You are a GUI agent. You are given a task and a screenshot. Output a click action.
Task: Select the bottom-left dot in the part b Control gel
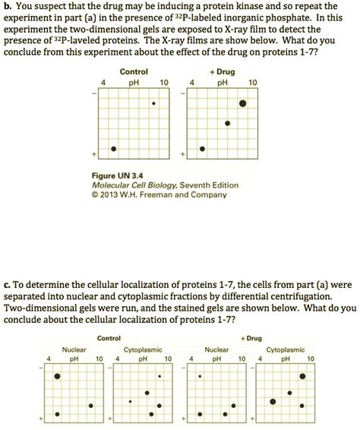[114, 149]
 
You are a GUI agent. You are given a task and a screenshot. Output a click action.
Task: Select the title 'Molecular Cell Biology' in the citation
[134, 185]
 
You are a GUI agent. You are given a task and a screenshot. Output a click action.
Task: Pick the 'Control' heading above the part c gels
[110, 338]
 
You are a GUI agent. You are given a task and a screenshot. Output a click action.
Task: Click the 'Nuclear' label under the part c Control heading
[73, 349]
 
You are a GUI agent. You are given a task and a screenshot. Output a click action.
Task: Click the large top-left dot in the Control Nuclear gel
[58, 376]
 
